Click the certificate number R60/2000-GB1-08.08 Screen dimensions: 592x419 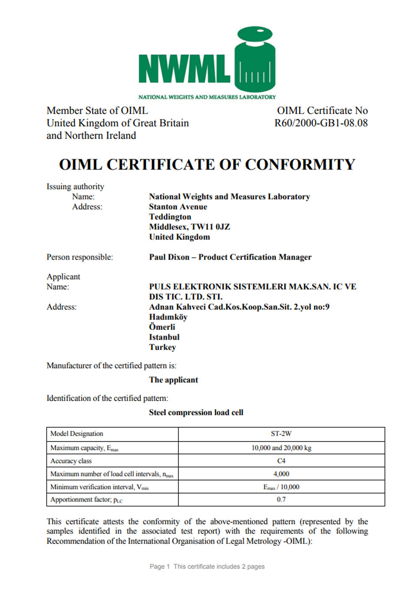(x=321, y=123)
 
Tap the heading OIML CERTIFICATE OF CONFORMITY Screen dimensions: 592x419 (x=207, y=165)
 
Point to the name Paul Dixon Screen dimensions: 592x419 (x=169, y=257)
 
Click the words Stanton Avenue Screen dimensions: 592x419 (x=178, y=207)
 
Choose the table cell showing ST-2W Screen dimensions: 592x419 (x=281, y=434)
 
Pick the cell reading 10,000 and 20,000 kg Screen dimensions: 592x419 (x=281, y=448)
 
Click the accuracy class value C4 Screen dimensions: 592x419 (x=281, y=461)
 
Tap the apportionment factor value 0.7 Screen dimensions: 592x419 (x=281, y=499)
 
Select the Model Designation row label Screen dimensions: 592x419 (x=77, y=434)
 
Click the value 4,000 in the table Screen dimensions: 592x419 (x=281, y=474)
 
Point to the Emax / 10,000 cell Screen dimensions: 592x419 (x=281, y=487)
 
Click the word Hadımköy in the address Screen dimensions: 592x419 (x=168, y=317)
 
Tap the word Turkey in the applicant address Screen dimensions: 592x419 (x=163, y=347)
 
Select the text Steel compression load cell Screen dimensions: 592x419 (x=196, y=412)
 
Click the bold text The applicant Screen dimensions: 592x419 (x=173, y=380)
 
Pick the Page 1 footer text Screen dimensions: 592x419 (x=160, y=566)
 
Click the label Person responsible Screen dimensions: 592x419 (x=80, y=257)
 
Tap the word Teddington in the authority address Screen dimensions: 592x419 (x=170, y=217)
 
